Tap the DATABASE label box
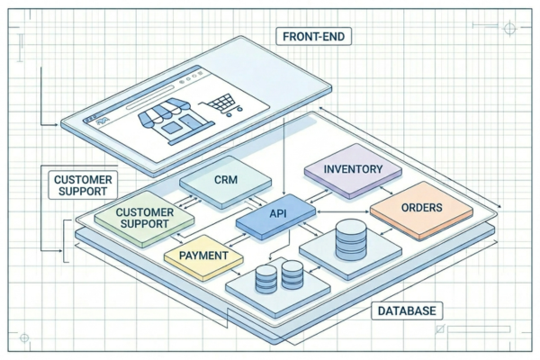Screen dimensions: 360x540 tap(407, 311)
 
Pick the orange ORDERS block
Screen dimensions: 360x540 tap(421, 207)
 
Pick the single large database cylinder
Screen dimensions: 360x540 tap(350, 238)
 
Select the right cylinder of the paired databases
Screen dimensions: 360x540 tap(292, 274)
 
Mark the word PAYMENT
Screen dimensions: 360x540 tap(204, 256)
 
